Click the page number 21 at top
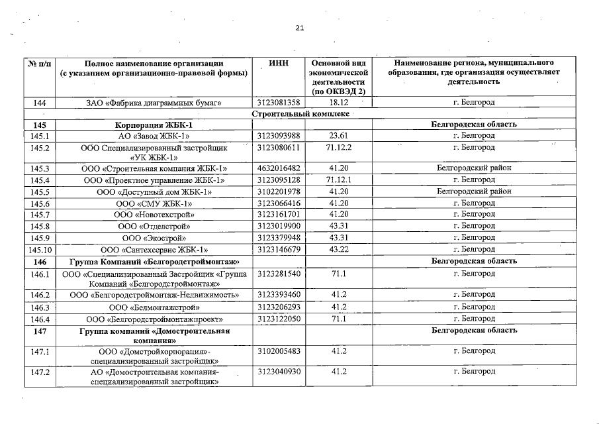pos(300,28)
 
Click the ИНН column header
pos(279,62)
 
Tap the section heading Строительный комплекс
pos(300,114)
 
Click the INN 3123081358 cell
pos(279,103)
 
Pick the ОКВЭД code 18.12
pos(338,103)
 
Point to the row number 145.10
pos(38,250)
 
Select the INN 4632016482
pos(279,168)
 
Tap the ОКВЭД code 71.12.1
pos(338,180)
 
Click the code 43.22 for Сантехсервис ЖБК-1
pos(338,250)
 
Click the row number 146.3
pos(38,307)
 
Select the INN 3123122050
pos(279,319)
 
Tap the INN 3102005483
pos(279,351)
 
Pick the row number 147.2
pos(38,372)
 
